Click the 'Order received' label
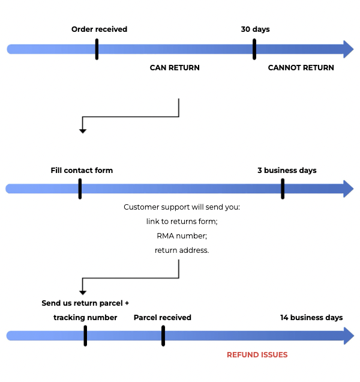pyautogui.click(x=99, y=29)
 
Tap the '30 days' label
pyautogui.click(x=256, y=29)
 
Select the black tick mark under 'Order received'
pyautogui.click(x=97, y=49)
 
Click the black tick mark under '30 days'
pyautogui.click(x=254, y=49)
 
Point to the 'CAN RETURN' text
pyautogui.click(x=175, y=68)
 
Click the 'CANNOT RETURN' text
pyautogui.click(x=301, y=68)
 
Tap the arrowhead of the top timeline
pyautogui.click(x=349, y=49)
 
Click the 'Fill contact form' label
pyautogui.click(x=82, y=171)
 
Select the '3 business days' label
pyautogui.click(x=287, y=171)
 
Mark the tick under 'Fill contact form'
pyautogui.click(x=80, y=189)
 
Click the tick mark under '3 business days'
pyautogui.click(x=283, y=189)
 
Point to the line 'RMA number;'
pyautogui.click(x=182, y=236)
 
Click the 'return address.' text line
pyautogui.click(x=182, y=250)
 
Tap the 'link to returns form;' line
pyautogui.click(x=182, y=222)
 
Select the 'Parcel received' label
pyautogui.click(x=163, y=318)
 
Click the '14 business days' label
pyautogui.click(x=311, y=318)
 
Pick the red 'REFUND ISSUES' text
pyautogui.click(x=257, y=355)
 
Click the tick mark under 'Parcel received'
pyautogui.click(x=163, y=336)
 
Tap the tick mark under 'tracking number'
pyautogui.click(x=85, y=336)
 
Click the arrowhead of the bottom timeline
pyautogui.click(x=349, y=336)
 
